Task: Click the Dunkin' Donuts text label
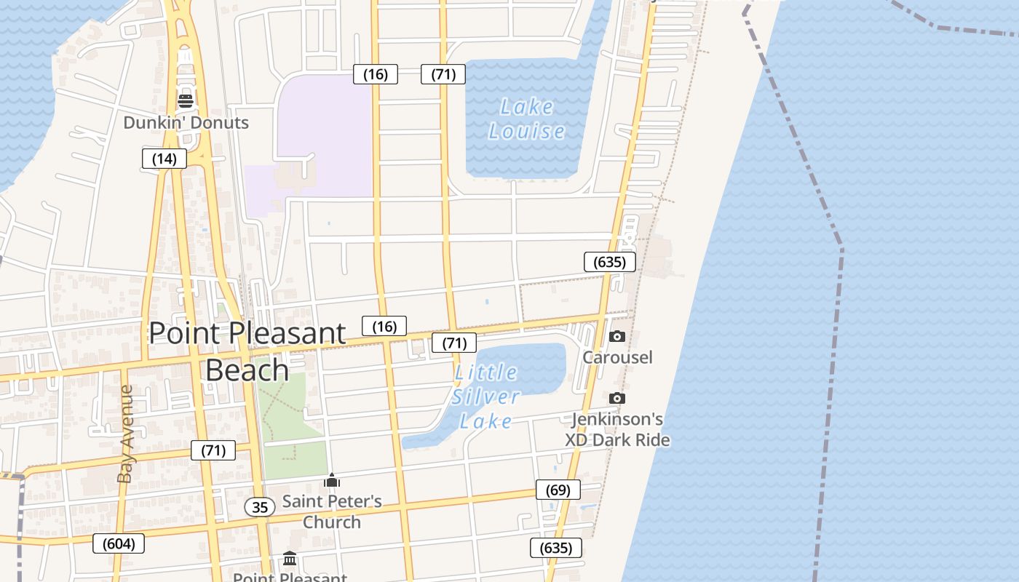(x=186, y=122)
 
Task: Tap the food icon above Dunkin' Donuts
(x=186, y=100)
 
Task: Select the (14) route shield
(x=164, y=159)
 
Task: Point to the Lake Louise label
(x=527, y=119)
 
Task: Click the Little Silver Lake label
(x=485, y=396)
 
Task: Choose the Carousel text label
(x=617, y=357)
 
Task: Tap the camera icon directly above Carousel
(x=616, y=336)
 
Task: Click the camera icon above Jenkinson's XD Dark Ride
(x=616, y=398)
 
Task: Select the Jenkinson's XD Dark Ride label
(x=617, y=429)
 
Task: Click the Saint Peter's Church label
(x=332, y=511)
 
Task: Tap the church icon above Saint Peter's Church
(x=332, y=480)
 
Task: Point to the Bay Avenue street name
(x=126, y=434)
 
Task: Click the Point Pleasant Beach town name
(x=247, y=351)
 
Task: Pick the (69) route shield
(x=558, y=490)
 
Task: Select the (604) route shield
(x=119, y=543)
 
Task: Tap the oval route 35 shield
(x=260, y=507)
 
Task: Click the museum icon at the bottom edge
(x=290, y=559)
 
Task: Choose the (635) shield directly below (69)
(x=557, y=548)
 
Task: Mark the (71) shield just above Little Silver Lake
(x=454, y=343)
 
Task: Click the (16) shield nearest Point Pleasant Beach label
(x=384, y=327)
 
